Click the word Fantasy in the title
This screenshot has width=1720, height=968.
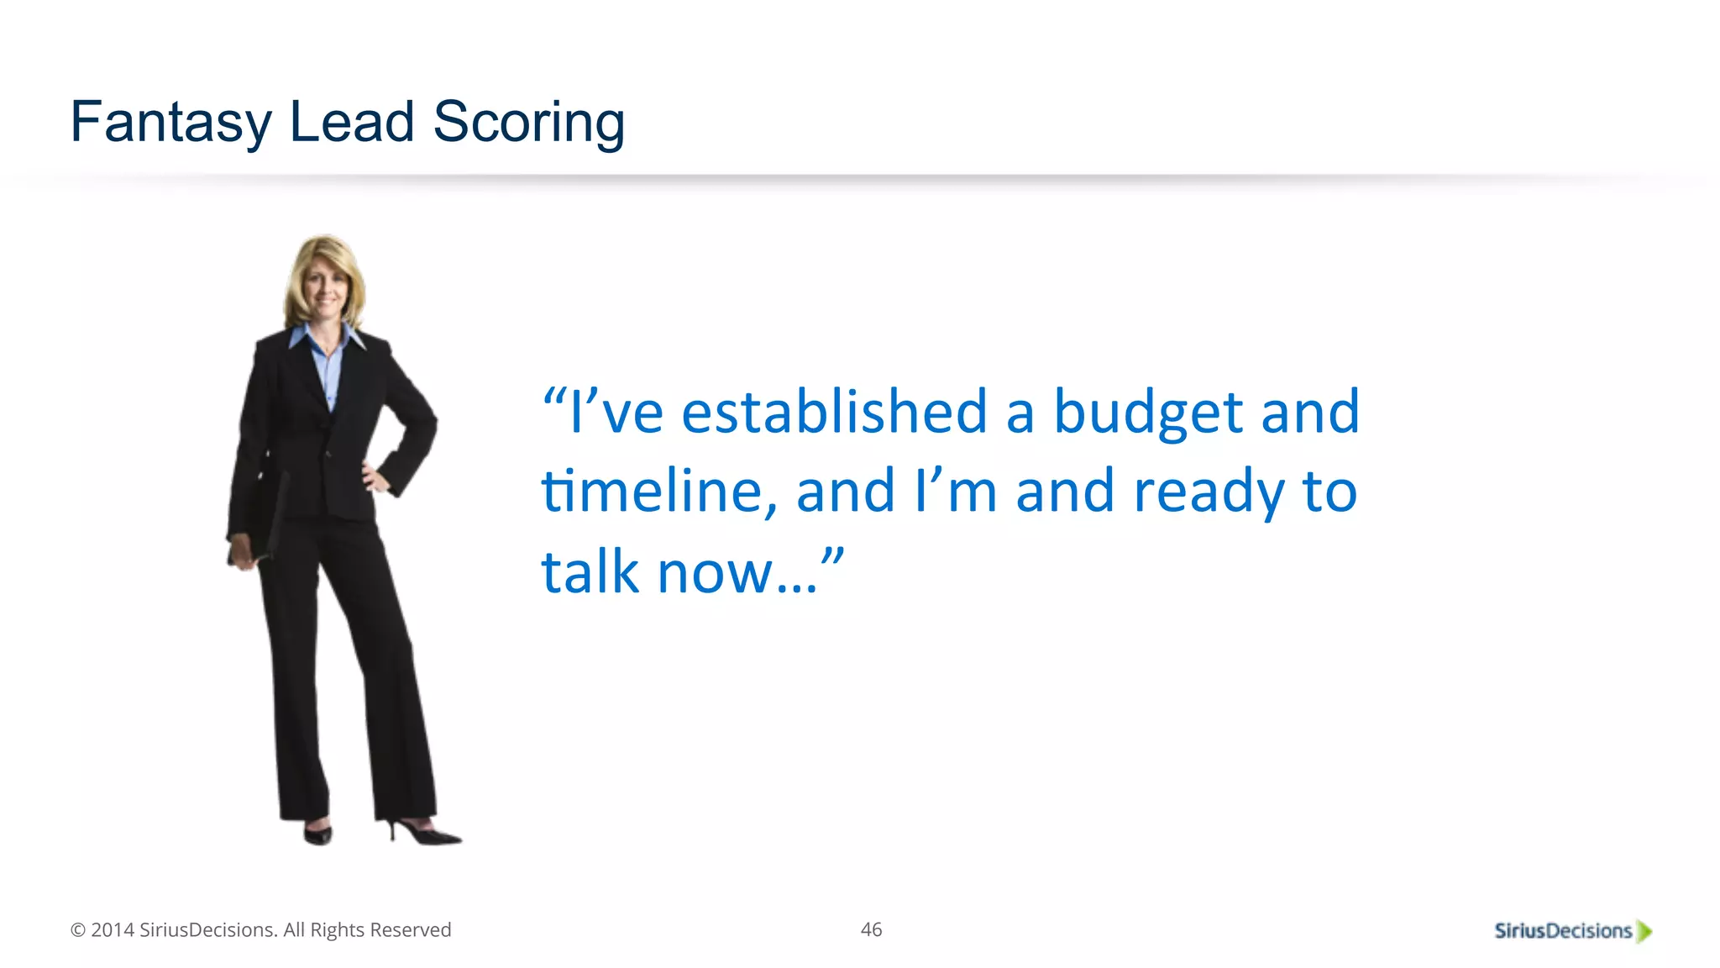(170, 123)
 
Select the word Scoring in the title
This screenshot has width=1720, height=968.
(528, 123)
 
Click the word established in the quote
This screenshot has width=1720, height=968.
(834, 413)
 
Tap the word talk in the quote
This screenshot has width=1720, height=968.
(590, 572)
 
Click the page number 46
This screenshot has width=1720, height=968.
(871, 929)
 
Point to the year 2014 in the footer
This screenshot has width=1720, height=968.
(113, 930)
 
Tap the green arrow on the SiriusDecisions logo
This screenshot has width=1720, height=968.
(1644, 931)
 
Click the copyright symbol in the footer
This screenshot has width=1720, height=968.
(78, 930)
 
